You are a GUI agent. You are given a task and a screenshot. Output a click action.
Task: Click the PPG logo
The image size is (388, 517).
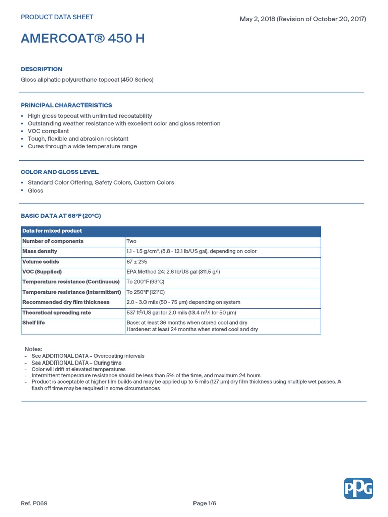coord(358,488)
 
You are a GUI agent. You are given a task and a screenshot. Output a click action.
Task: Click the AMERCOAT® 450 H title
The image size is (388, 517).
coord(83,39)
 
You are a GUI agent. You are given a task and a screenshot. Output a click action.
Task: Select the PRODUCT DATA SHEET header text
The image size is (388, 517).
coord(57,17)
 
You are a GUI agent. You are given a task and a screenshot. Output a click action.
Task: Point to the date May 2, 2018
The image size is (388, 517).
coord(257,19)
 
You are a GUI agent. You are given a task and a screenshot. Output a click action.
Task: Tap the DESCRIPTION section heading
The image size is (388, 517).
coord(41,69)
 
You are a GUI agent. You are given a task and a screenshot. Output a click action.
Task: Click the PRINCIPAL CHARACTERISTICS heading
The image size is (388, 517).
coord(66,105)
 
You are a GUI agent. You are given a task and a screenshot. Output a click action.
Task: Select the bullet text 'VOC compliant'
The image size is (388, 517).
coord(48,131)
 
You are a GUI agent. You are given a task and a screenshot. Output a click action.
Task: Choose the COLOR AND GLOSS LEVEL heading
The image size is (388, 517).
coord(60,172)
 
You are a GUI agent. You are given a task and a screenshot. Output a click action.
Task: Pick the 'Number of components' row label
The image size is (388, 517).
coord(53,241)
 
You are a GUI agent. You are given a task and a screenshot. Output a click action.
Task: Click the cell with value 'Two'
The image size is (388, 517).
coord(131,241)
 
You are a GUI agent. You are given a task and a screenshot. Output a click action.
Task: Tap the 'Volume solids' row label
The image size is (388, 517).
coord(40,262)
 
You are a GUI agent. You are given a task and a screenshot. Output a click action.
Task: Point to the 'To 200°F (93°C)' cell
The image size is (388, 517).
coord(145,282)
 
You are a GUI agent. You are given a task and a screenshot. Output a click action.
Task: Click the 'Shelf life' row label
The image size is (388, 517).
coord(34,322)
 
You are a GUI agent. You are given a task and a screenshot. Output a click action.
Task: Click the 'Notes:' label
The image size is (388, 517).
coord(34,349)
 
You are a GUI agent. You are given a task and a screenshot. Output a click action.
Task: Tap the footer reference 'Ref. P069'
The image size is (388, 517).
coord(34,503)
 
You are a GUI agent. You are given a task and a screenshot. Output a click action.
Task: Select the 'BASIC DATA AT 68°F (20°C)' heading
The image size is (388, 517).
coord(61,216)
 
